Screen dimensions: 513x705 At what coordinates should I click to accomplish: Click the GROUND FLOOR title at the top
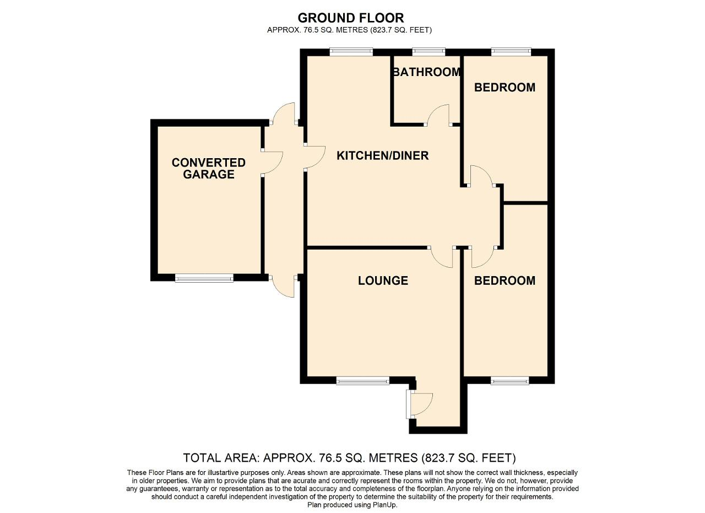[x=350, y=18]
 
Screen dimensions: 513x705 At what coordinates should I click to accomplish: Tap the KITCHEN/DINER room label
[x=382, y=155]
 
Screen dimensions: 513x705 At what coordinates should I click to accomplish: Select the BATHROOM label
[x=426, y=72]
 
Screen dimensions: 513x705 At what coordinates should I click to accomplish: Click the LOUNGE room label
[x=383, y=280]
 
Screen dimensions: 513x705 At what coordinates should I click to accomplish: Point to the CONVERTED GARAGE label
[x=208, y=169]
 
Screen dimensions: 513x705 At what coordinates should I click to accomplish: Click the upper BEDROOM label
[x=505, y=87]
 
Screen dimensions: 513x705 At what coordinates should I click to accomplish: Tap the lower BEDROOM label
[x=505, y=280]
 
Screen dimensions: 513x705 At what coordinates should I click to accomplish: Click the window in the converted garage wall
[x=204, y=278]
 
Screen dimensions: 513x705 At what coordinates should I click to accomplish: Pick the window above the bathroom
[x=429, y=52]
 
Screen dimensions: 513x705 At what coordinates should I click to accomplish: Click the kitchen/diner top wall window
[x=351, y=52]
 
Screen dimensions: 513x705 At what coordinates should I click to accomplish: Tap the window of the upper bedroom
[x=511, y=52]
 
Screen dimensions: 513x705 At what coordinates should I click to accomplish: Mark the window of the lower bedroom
[x=509, y=380]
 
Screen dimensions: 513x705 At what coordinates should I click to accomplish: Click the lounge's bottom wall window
[x=362, y=380]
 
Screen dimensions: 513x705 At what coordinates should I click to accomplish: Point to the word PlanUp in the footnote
[x=384, y=505]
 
